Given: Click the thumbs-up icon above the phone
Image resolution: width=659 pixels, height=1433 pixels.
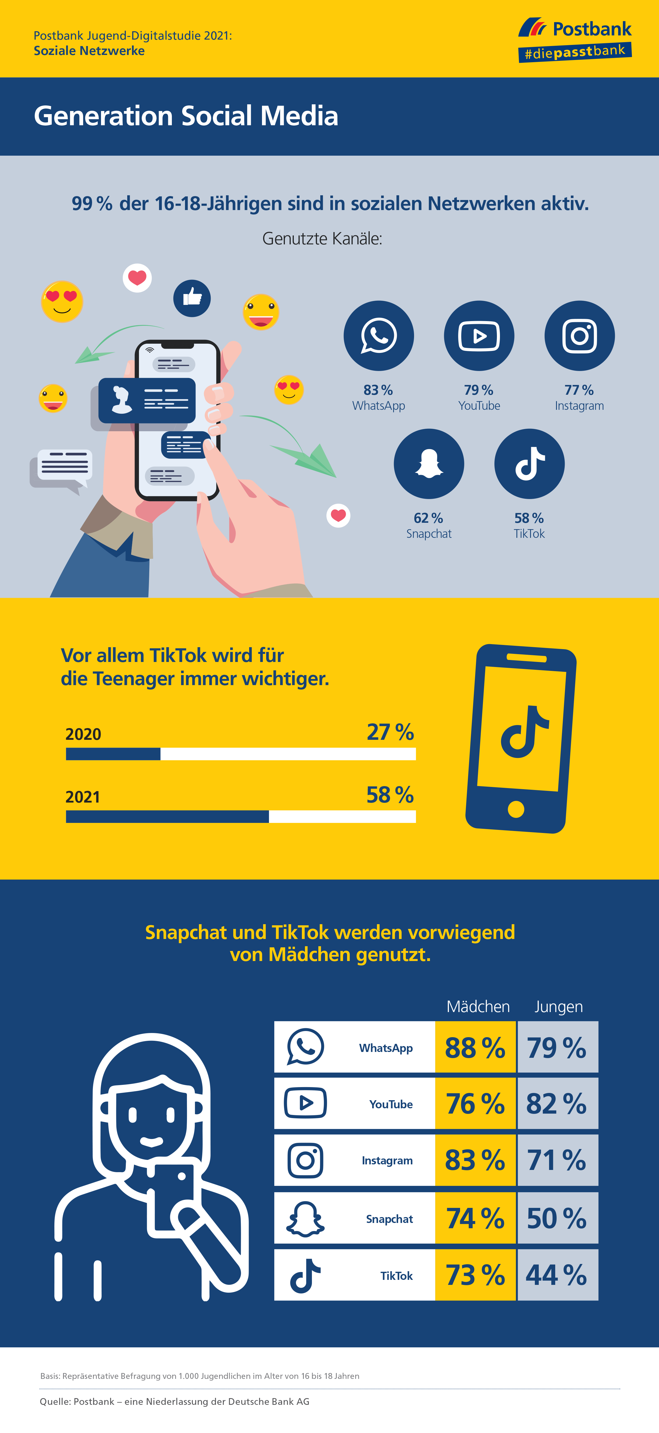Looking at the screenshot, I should (x=192, y=298).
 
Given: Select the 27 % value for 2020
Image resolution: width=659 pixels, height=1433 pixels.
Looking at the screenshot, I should (x=390, y=732).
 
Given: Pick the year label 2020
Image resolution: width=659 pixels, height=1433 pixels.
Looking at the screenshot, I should (x=83, y=734).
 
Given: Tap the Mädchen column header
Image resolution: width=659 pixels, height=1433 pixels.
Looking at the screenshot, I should (x=478, y=1006).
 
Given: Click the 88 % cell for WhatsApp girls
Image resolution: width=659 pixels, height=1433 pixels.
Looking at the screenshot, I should (x=475, y=1047).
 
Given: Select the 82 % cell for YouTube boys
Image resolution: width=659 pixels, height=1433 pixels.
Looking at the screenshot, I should (x=557, y=1104).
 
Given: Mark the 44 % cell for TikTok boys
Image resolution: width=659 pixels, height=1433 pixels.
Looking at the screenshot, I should (x=557, y=1275).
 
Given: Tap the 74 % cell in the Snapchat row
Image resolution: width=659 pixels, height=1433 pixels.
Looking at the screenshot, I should (x=475, y=1218).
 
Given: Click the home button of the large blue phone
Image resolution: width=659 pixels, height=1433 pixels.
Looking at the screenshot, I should (x=516, y=809).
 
